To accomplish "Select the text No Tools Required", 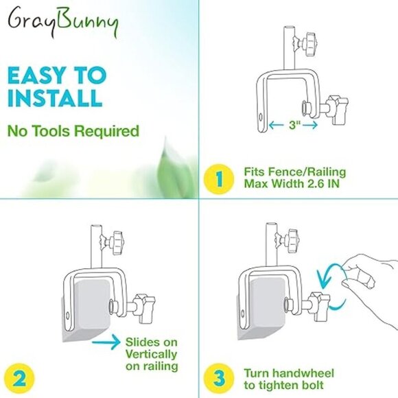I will [x=73, y=130].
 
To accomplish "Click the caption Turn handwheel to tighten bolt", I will [x=289, y=379].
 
